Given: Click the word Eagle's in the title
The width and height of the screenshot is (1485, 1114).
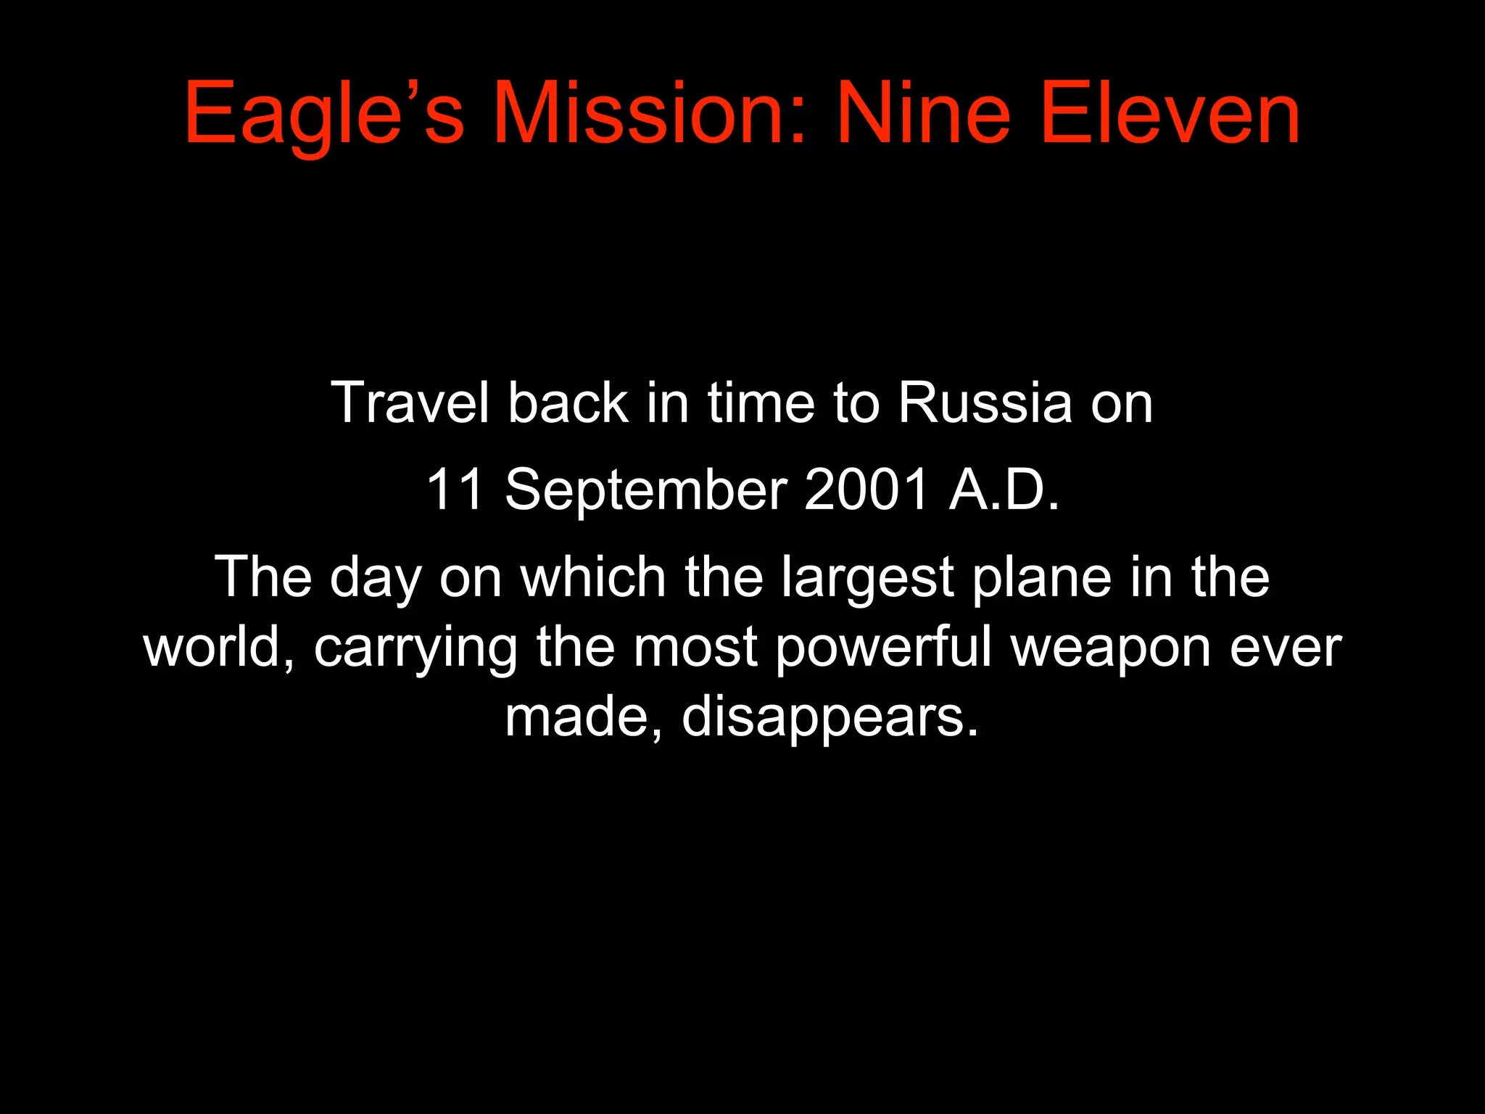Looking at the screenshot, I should pyautogui.click(x=323, y=115).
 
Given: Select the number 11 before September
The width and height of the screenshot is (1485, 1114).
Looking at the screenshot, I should pyautogui.click(x=455, y=490).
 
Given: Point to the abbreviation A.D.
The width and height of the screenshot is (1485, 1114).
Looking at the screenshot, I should pyautogui.click(x=1004, y=490).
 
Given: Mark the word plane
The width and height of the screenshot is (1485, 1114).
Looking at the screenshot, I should pyautogui.click(x=1041, y=578).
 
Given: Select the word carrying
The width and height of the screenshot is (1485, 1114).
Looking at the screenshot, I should pyautogui.click(x=415, y=648).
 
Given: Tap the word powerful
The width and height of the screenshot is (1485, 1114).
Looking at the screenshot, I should pyautogui.click(x=883, y=648).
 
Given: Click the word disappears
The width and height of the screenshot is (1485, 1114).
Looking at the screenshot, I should pyautogui.click(x=830, y=717).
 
